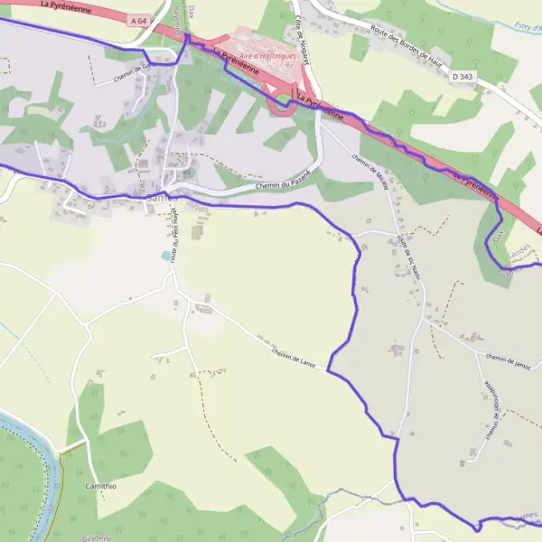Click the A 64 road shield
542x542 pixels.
tap(138, 19)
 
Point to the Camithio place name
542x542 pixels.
tap(99, 486)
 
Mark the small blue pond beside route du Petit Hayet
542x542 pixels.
tap(164, 256)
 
